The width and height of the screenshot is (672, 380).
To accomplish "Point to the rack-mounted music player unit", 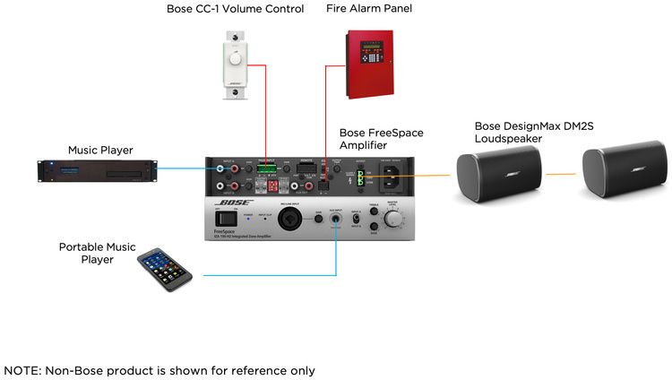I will pos(98,169).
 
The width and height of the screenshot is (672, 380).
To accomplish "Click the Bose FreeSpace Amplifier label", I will pos(381,139).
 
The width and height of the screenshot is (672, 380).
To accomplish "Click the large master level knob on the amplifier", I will pos(393,219).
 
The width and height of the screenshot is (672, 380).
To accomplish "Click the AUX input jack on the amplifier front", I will pos(336,218).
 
